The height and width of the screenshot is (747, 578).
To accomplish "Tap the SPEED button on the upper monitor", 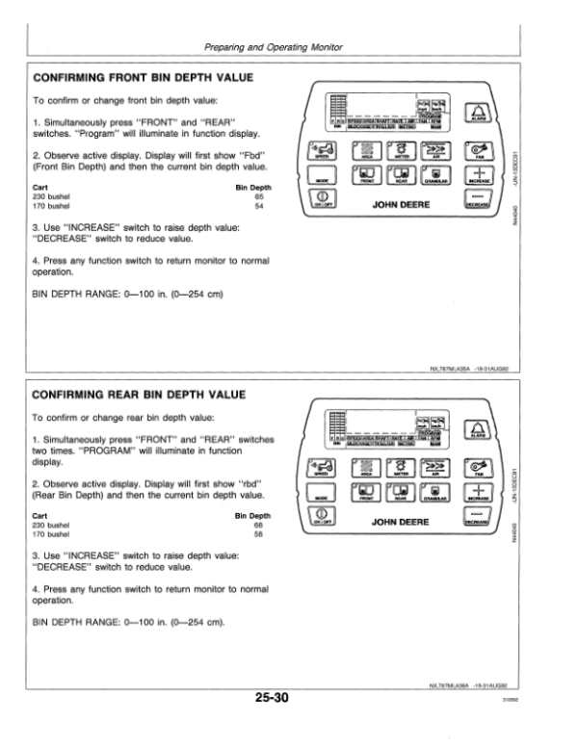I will tap(323, 152).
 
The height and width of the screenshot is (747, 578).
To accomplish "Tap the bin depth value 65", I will tap(258, 195).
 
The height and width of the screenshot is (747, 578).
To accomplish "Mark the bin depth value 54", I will tap(258, 205).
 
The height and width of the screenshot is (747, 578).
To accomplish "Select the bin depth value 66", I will tap(258, 525).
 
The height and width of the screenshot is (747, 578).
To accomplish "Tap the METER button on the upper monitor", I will tap(398, 151).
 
